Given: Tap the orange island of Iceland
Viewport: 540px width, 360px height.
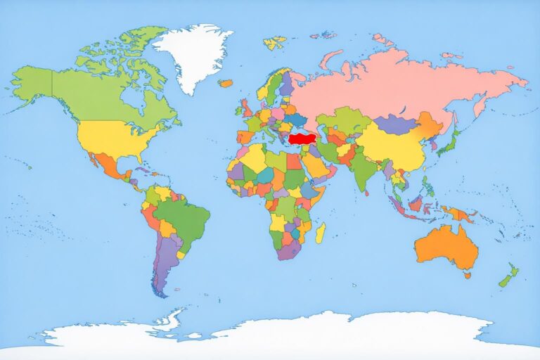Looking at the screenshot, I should (x=225, y=83).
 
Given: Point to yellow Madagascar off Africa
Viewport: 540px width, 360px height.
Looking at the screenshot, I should (x=320, y=233).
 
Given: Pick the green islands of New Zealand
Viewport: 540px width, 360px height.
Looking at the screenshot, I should (x=508, y=276).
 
